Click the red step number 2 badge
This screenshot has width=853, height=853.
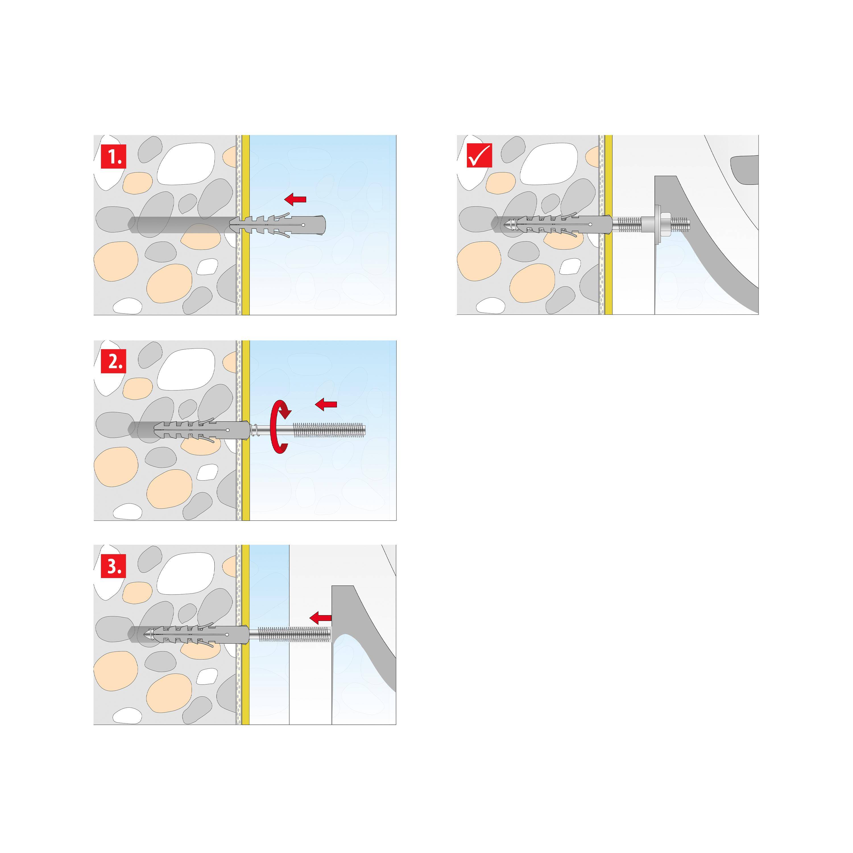[x=113, y=361]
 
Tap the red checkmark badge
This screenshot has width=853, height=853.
[x=479, y=155]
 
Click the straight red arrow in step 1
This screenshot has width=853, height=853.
[x=295, y=199]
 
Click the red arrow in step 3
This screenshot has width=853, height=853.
[x=320, y=618]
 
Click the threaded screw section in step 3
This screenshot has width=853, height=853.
[x=294, y=634]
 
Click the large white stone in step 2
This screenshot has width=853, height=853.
[x=186, y=369]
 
